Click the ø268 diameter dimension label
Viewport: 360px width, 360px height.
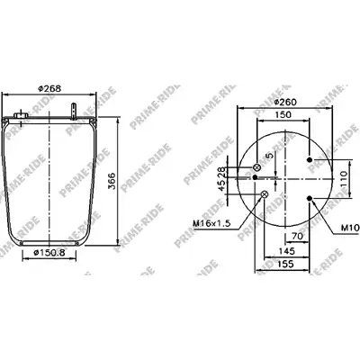49,88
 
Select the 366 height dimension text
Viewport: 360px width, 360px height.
112,181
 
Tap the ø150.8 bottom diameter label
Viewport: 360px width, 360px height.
49,253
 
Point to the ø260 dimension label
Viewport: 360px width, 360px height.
285,102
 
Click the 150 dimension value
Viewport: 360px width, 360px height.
283,114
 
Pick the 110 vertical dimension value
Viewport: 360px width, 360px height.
344,179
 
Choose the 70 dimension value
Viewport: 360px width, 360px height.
297,236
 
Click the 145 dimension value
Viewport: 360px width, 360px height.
286,251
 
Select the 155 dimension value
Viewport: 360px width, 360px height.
285,264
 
